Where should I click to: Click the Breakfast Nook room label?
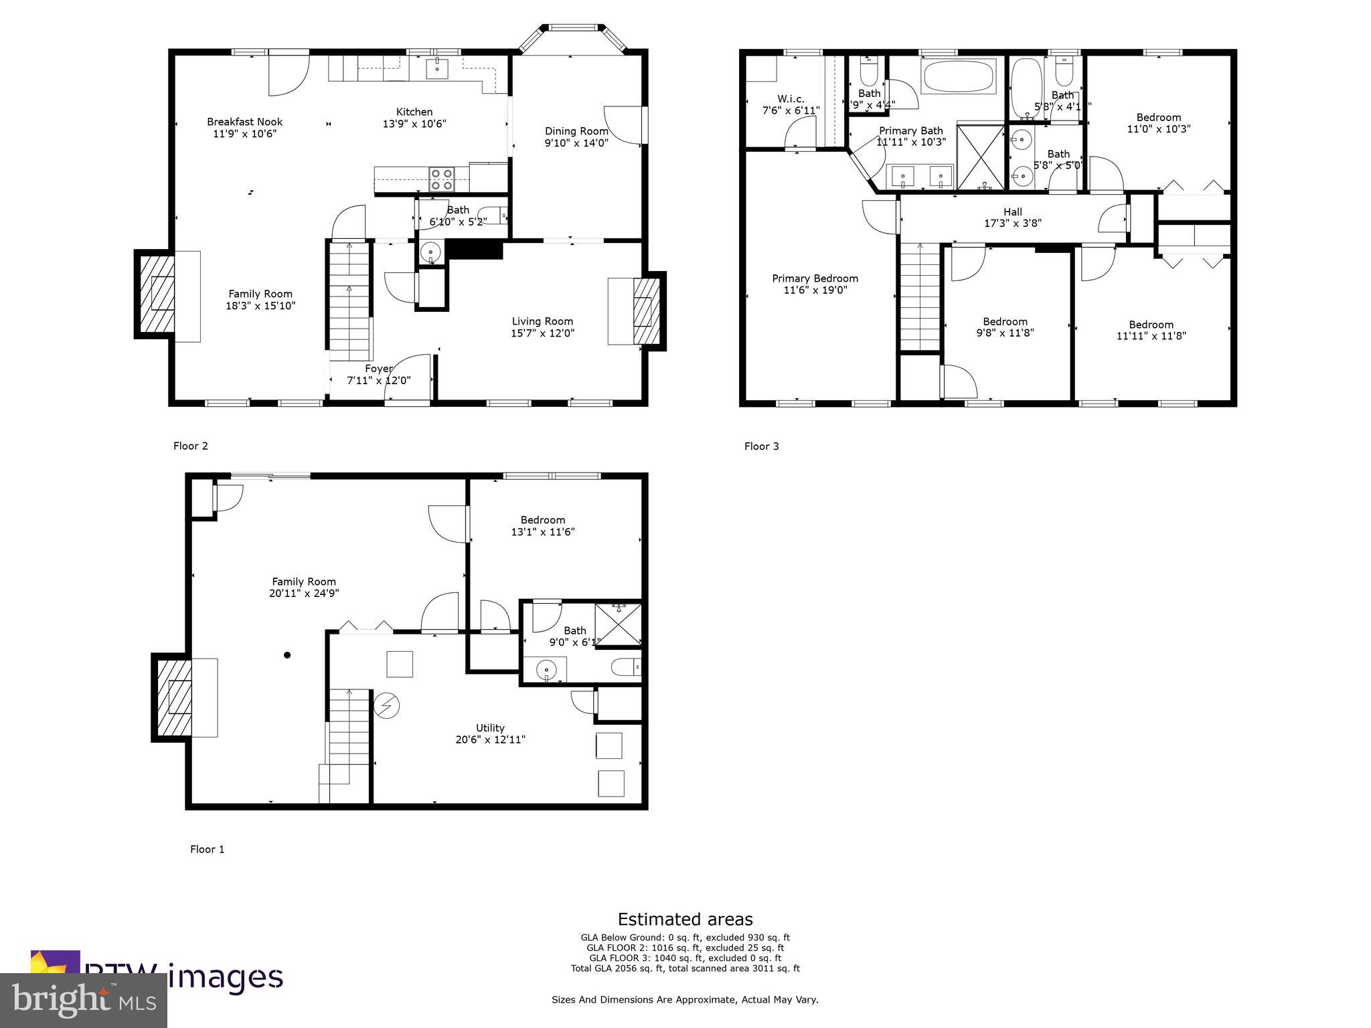pos(244,122)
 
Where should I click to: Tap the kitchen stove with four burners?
pos(441,179)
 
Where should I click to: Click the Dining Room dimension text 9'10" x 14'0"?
pos(576,143)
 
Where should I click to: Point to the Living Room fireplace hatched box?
pos(646,311)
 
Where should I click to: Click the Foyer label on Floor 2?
pos(378,369)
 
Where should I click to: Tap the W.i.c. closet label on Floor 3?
pos(791,99)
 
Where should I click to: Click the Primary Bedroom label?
pos(815,278)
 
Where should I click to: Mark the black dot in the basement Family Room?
pos(287,655)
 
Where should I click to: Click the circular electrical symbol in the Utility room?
pos(386,705)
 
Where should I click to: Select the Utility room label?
pos(490,728)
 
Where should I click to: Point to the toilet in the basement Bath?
pos(626,668)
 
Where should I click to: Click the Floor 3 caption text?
pos(761,446)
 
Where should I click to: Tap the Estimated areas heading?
pos(685,919)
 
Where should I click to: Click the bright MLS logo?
pos(84,1000)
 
